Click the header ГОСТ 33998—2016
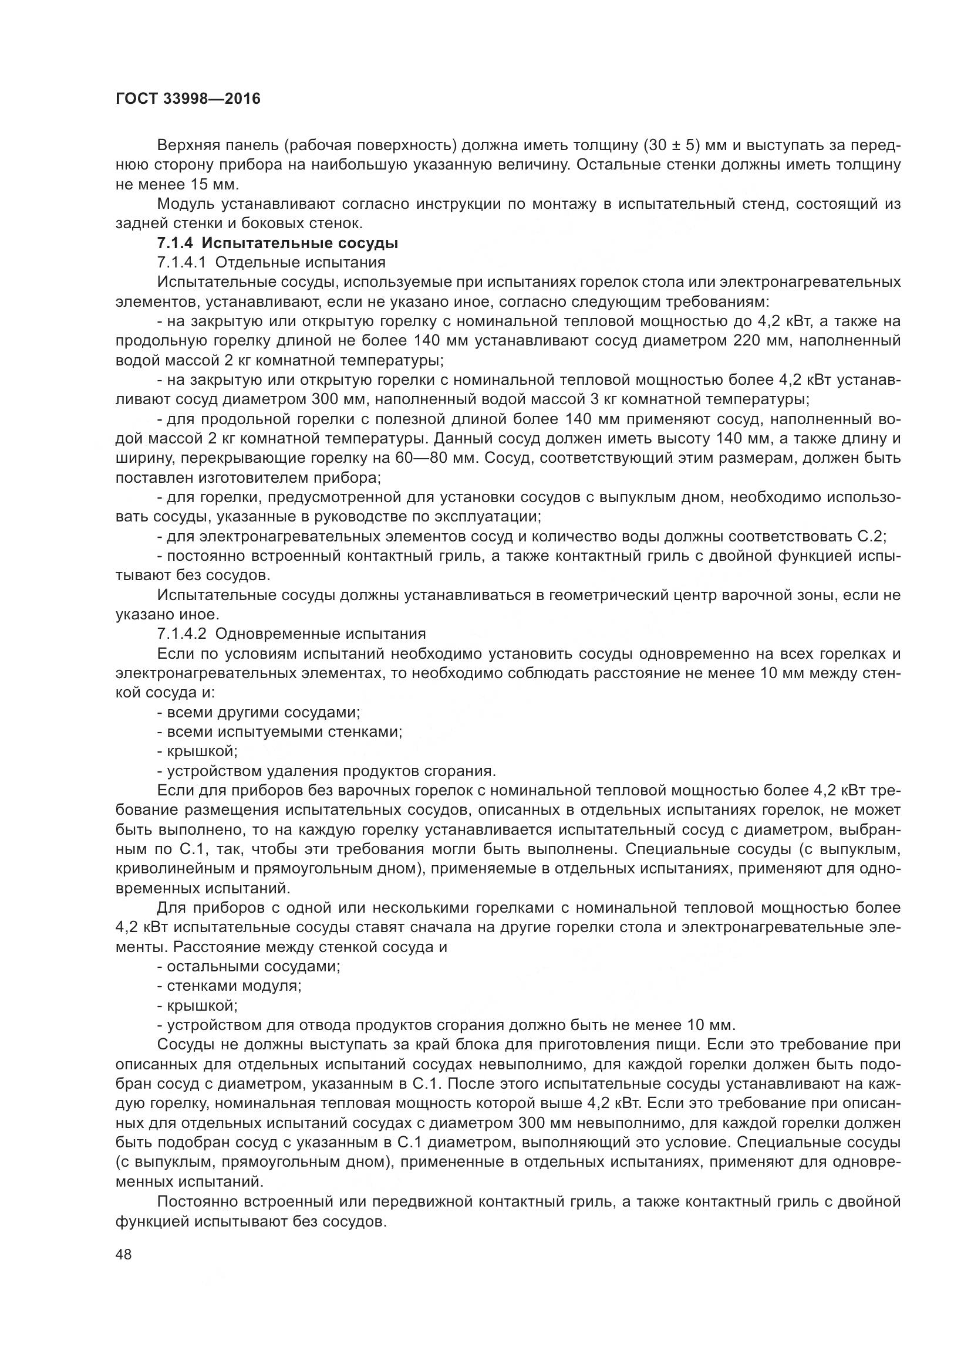[x=188, y=99]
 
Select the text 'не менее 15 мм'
[x=177, y=184]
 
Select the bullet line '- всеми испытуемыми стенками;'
[x=279, y=731]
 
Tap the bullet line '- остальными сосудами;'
[x=249, y=966]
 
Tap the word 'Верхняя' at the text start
[x=190, y=145]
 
